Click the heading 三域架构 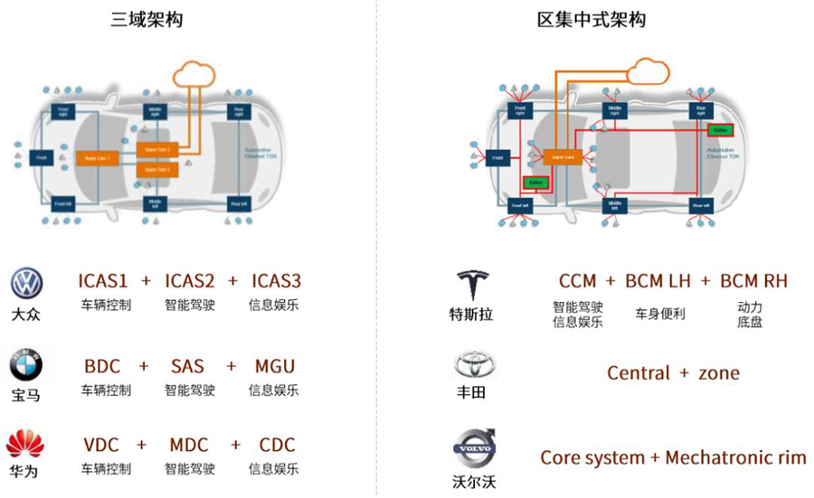click(147, 19)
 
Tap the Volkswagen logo click(26, 284)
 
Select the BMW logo click(26, 366)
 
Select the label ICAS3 click(275, 281)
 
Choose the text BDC click(102, 367)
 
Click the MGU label click(275, 367)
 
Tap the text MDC click(188, 446)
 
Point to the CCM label click(577, 281)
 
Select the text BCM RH click(753, 281)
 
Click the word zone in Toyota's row click(718, 373)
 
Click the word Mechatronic click(720, 458)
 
